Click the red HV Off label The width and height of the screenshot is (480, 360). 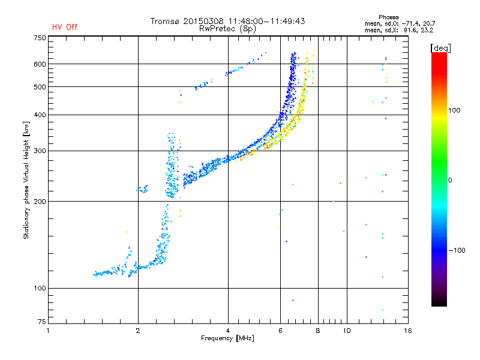coord(65,27)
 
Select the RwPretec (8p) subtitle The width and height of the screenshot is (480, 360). coord(227,29)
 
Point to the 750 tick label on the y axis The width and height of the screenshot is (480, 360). coord(40,38)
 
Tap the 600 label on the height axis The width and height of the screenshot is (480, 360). coord(40,64)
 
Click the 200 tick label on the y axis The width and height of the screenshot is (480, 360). coord(40,202)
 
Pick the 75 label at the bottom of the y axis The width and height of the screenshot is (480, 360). coord(42,322)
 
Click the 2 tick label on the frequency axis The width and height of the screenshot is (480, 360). coord(138,331)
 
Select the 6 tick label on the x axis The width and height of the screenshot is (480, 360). coord(280,331)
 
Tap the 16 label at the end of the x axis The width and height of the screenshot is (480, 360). coord(408,331)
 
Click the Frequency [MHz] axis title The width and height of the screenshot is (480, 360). coord(227,338)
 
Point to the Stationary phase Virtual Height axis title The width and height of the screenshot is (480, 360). coord(26,180)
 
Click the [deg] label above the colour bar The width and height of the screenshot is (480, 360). coord(440,48)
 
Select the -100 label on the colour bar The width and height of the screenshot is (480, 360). coord(457,250)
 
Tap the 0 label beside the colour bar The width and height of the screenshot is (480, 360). coord(450,181)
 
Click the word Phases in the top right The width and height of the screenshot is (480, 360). coord(388,17)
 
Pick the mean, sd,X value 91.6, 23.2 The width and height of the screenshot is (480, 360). coord(418,31)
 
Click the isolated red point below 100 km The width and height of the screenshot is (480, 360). coord(293,301)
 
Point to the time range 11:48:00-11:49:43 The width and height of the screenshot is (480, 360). coord(266,21)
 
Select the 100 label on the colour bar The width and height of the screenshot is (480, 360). coord(454,110)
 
